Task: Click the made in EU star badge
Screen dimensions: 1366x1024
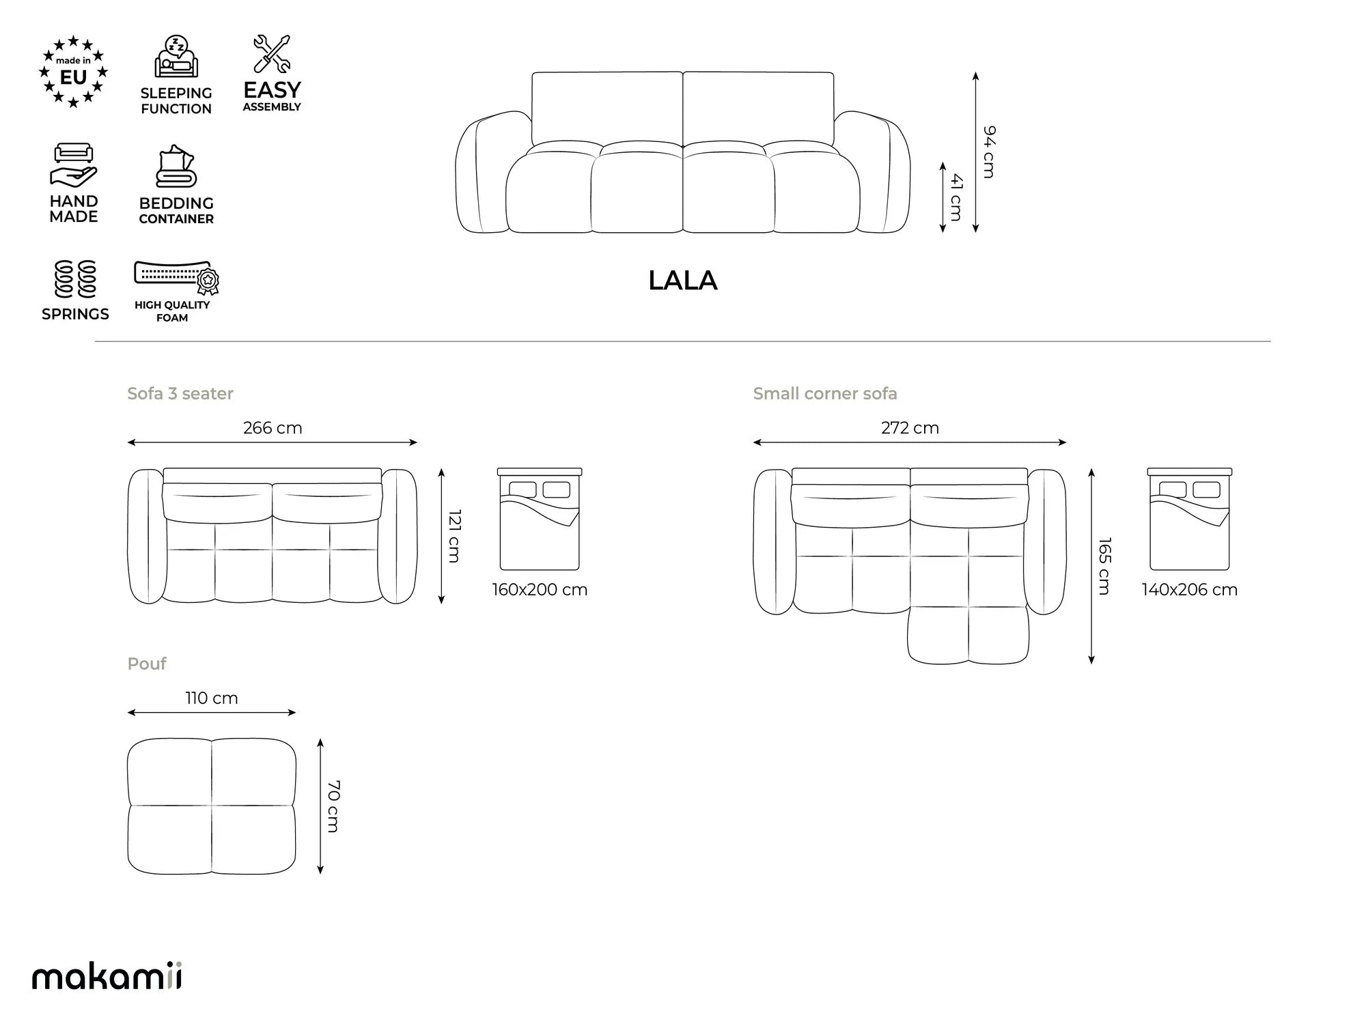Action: (x=73, y=72)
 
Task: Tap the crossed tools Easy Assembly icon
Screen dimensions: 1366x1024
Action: (x=272, y=54)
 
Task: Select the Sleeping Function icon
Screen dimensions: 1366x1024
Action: (x=176, y=57)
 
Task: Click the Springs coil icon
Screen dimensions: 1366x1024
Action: (x=75, y=279)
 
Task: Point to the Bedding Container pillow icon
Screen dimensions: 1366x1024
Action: (x=176, y=166)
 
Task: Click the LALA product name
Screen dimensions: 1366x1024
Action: (x=682, y=281)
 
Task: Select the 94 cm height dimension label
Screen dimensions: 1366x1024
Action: (x=989, y=152)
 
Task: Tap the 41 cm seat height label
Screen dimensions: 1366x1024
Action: (x=956, y=197)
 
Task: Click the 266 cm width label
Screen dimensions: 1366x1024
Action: (x=273, y=428)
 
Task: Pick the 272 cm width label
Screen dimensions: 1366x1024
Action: (x=910, y=428)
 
